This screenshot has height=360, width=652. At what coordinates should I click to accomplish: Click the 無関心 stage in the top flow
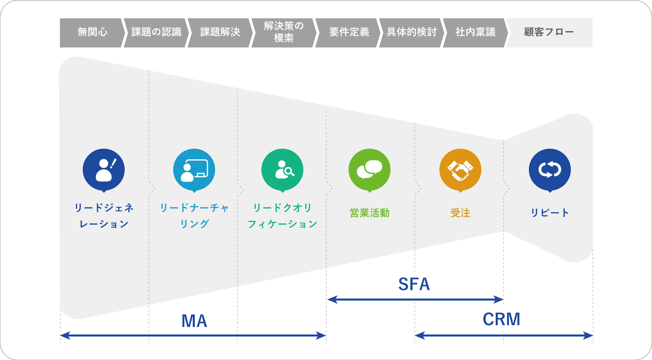(x=92, y=32)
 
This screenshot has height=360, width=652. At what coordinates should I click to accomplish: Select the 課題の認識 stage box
(x=156, y=32)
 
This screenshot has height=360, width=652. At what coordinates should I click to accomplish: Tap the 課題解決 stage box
(x=220, y=32)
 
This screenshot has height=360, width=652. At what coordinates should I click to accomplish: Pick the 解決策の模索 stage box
(x=283, y=32)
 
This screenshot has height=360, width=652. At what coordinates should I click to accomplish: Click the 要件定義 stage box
(x=349, y=32)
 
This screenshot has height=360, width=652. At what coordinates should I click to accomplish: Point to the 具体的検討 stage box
(x=411, y=32)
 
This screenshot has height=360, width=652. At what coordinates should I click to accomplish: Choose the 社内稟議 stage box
(x=475, y=32)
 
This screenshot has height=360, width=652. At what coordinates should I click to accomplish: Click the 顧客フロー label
(x=549, y=32)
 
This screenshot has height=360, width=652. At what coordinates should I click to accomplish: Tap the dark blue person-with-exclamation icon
(x=104, y=170)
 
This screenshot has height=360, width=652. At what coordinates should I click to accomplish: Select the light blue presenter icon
(x=194, y=170)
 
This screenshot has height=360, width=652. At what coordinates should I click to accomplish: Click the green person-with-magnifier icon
(x=282, y=170)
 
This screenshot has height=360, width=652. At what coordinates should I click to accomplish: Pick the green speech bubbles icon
(x=369, y=170)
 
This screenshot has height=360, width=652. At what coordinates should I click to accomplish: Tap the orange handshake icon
(x=460, y=170)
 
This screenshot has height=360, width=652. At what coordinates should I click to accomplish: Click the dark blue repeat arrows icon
(x=550, y=170)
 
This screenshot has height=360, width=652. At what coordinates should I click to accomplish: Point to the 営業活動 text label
(x=369, y=213)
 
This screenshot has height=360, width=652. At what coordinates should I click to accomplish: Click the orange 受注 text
(x=460, y=213)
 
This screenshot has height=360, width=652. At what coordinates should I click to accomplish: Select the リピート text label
(x=550, y=213)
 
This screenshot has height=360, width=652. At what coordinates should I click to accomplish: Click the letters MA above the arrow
(x=194, y=321)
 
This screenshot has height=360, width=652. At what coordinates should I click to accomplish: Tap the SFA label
(x=414, y=284)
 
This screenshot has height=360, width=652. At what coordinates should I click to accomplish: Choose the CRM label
(x=501, y=320)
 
